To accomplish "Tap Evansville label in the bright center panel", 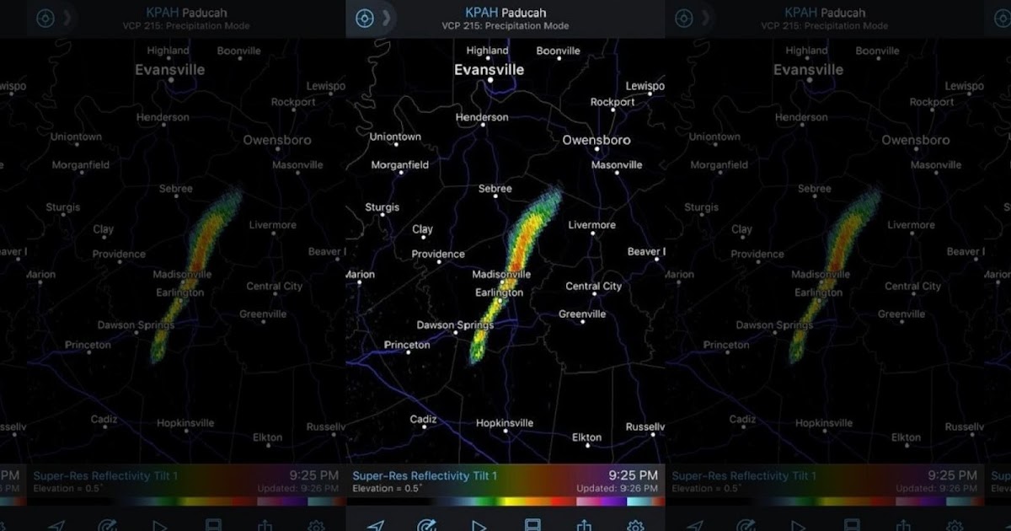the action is click(489, 70).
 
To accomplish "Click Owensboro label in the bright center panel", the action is click(596, 140).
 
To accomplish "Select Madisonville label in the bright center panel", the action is click(501, 275).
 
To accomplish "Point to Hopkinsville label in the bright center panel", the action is click(505, 423).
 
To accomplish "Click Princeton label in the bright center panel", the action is click(407, 345).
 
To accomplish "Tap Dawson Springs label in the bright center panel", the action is click(455, 325).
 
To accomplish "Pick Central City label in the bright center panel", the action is click(593, 287).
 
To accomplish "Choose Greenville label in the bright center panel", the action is click(582, 314).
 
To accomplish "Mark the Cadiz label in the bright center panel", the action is click(423, 420).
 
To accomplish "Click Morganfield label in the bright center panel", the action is click(400, 165).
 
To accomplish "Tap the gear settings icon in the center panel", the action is click(635, 525).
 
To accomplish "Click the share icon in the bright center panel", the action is click(584, 525).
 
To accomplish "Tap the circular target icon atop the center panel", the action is click(364, 19).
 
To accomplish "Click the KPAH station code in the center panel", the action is click(481, 13).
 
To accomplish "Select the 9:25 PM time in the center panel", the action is click(633, 476).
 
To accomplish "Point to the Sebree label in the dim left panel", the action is click(176, 189).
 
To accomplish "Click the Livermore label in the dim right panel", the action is click(911, 225).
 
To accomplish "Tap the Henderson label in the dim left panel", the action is click(163, 117).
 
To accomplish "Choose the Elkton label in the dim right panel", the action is click(906, 437).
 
